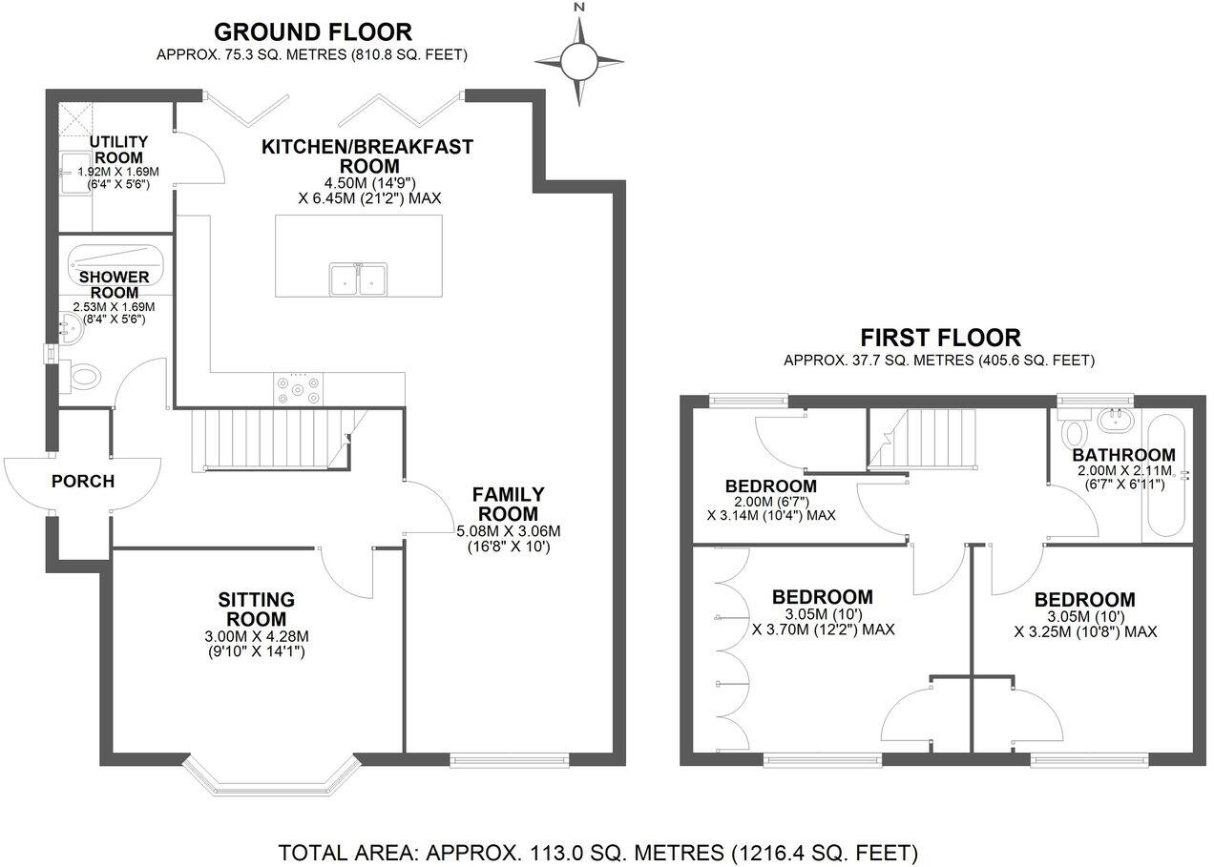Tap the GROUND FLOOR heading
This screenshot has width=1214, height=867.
point(312,32)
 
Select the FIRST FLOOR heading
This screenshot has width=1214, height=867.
point(939,338)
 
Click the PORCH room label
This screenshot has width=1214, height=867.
point(83,482)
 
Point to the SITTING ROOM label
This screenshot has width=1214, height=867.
point(256,609)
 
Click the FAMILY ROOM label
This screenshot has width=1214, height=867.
point(509,505)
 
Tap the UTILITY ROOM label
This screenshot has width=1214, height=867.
point(117,150)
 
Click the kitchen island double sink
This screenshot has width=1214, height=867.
point(359,279)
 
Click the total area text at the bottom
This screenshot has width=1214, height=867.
point(597,851)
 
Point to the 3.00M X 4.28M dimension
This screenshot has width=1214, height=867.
point(256,637)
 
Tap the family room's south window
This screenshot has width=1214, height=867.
point(510,759)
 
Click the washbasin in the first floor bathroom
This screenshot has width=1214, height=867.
point(1113,419)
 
